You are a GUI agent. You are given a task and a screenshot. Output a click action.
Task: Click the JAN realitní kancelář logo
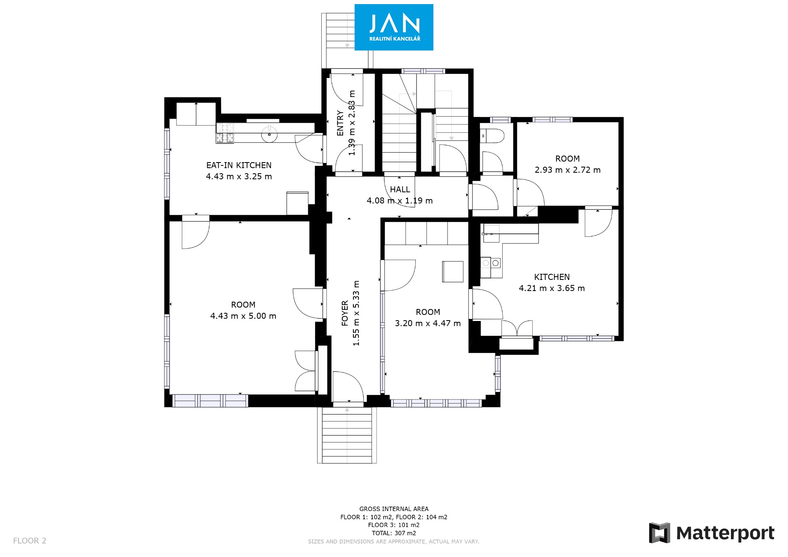[x=394, y=27]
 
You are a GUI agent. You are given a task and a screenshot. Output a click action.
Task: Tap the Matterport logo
[x=712, y=533]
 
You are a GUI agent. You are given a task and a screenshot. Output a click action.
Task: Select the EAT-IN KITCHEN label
[x=239, y=165]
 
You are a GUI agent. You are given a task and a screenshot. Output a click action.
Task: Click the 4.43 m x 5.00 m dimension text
[x=243, y=316]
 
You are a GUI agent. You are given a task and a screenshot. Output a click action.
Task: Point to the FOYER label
[x=345, y=313]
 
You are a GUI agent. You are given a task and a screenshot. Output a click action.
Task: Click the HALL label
[x=400, y=190]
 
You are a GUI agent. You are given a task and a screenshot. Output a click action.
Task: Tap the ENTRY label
[x=340, y=123]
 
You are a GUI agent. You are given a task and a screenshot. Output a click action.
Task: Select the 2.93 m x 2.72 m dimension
[x=568, y=170]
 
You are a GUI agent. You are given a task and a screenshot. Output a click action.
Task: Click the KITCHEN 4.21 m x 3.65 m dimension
[x=552, y=288]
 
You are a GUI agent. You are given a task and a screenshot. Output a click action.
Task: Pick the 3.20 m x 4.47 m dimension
[x=428, y=323]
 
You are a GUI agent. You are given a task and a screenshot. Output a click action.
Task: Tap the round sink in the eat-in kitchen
[x=269, y=134]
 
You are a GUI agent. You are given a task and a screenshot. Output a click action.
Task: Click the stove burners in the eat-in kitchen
[x=225, y=133]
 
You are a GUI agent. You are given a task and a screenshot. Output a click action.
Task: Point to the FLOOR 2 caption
[x=30, y=541]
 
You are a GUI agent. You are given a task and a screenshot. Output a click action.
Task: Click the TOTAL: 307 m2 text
[x=394, y=533]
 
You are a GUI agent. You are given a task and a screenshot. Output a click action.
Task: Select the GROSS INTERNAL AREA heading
[x=394, y=509]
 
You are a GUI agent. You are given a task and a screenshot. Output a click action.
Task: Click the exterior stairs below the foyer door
[x=347, y=435]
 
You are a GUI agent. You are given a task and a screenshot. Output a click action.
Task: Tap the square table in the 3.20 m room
[x=453, y=271]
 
